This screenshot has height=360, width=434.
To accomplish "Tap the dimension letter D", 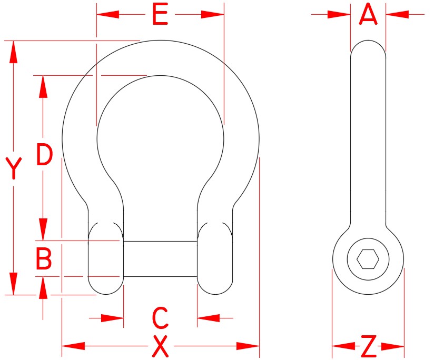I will (x=45, y=155).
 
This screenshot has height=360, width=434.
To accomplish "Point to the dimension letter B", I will (x=44, y=258).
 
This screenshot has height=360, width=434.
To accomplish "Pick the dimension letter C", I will (x=160, y=317).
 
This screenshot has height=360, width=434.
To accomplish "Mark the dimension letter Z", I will (x=369, y=346).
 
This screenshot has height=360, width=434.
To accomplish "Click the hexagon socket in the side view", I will (x=368, y=259).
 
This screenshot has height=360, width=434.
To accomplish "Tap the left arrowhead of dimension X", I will (x=73, y=346).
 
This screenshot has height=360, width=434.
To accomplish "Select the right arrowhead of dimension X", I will (x=249, y=346).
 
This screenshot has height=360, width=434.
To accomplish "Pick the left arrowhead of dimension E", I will (x=107, y=14).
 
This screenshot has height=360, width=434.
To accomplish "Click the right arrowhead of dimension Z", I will (x=393, y=346).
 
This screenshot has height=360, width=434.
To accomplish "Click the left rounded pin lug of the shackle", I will (x=105, y=258).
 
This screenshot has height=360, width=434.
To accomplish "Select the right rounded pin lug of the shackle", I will (x=214, y=258).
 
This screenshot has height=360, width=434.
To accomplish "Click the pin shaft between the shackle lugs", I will (x=160, y=258).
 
